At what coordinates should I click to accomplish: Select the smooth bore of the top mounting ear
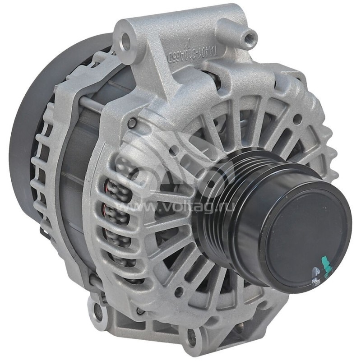coord(125,42)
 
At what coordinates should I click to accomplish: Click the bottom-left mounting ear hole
coord(97,310)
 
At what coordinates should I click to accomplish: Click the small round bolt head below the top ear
coord(131,122)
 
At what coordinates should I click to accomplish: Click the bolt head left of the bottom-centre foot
coord(141,311)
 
